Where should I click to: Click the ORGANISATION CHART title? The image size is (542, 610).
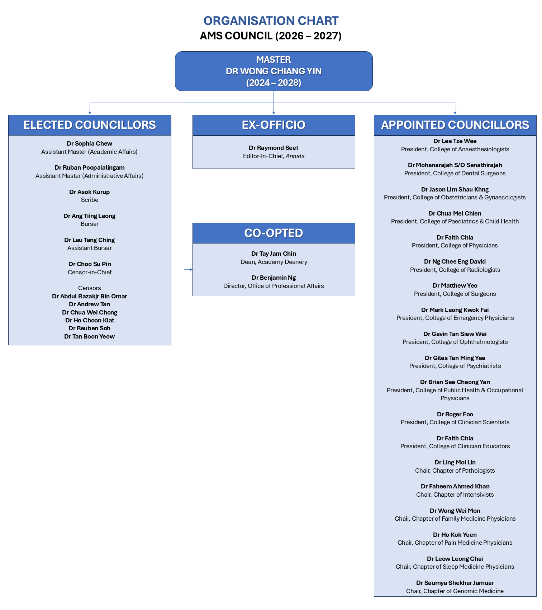(271, 21)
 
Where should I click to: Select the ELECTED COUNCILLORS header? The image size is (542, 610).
(90, 125)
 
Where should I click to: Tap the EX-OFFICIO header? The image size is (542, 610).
(274, 125)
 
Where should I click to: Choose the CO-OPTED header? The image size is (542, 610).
(274, 233)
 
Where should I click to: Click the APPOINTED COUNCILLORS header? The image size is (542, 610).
(455, 125)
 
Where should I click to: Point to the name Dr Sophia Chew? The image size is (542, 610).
(90, 143)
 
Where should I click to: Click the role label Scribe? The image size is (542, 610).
(90, 200)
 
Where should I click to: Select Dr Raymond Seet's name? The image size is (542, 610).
(274, 148)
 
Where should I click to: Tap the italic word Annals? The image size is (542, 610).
(295, 156)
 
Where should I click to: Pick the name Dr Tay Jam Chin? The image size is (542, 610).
(274, 254)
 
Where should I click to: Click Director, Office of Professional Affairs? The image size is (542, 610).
(274, 286)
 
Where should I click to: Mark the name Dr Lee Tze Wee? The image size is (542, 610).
(455, 141)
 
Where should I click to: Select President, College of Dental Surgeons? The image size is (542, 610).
(455, 173)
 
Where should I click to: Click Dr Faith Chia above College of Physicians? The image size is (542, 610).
(455, 237)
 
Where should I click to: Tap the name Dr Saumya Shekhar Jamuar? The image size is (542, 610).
(455, 583)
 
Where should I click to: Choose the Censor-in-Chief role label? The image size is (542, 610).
(90, 272)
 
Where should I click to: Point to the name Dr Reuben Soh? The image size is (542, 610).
(90, 328)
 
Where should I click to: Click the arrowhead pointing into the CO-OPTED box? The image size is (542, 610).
(191, 269)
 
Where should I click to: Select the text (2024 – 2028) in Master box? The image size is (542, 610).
(274, 83)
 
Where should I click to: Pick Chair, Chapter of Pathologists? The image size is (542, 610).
(455, 470)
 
